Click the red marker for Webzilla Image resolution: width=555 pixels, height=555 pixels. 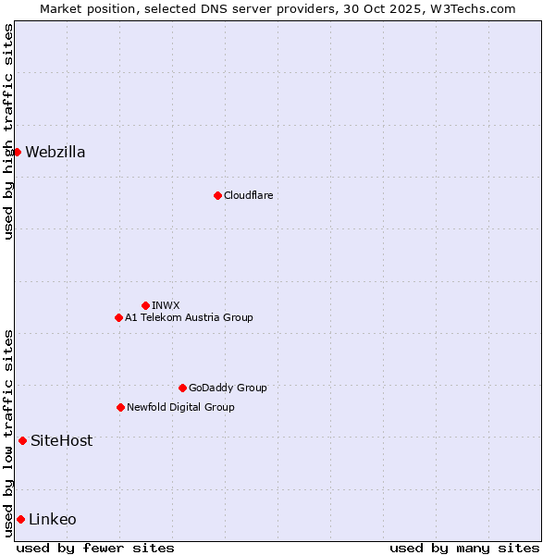click(17, 152)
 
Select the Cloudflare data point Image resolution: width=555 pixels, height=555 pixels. click(217, 195)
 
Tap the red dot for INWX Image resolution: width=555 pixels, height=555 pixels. click(145, 305)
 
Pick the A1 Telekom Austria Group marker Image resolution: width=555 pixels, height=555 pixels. click(118, 317)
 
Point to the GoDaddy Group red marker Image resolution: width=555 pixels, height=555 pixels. click(182, 388)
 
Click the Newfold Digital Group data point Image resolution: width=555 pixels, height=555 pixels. click(120, 407)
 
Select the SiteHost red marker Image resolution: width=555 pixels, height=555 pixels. click(22, 440)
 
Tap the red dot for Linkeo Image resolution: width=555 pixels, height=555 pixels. click(20, 519)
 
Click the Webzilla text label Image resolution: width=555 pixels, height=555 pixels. click(55, 153)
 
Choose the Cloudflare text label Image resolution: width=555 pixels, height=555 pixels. click(249, 195)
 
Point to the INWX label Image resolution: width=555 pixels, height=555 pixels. click(166, 305)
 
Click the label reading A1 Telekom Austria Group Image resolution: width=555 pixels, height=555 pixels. click(189, 317)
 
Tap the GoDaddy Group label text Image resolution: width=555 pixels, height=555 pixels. click(228, 388)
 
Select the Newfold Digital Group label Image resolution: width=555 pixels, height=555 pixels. click(180, 407)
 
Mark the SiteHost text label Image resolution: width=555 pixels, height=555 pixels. click(62, 441)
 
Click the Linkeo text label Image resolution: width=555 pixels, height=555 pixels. click(53, 520)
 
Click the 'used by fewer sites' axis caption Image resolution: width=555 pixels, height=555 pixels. click(95, 548)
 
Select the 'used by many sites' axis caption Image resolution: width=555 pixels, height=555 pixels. click(464, 548)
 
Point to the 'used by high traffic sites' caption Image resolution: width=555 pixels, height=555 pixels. click(8, 131)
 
